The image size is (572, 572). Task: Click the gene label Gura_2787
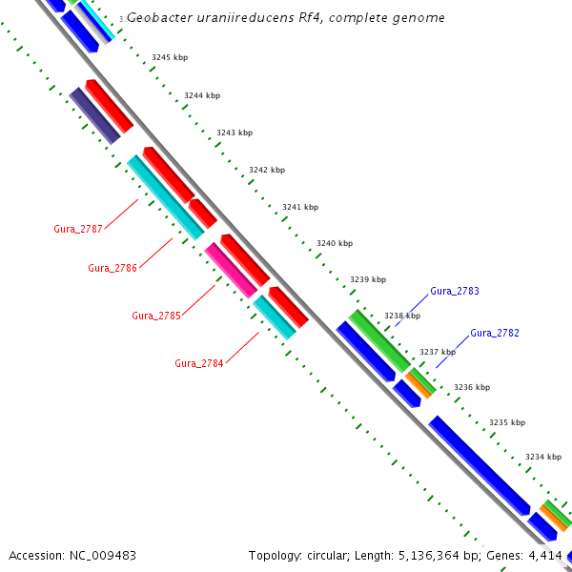pos(78,229)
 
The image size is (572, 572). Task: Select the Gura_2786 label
pos(112,268)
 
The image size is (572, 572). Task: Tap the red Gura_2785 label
pos(155,316)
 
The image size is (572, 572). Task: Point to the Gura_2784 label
pos(198,363)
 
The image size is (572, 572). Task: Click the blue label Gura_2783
pos(454,291)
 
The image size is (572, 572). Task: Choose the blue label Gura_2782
pos(495,333)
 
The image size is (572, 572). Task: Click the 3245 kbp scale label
pos(170,57)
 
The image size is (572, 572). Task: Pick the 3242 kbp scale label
pos(267,170)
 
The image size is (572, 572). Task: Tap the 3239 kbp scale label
pos(368,279)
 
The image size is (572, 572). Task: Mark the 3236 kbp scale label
pos(471,387)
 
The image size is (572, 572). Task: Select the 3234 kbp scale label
pos(542,457)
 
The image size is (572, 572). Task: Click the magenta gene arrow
pos(231,270)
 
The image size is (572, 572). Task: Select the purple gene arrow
pos(94,115)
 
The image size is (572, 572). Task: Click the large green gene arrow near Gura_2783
pos(379,339)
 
